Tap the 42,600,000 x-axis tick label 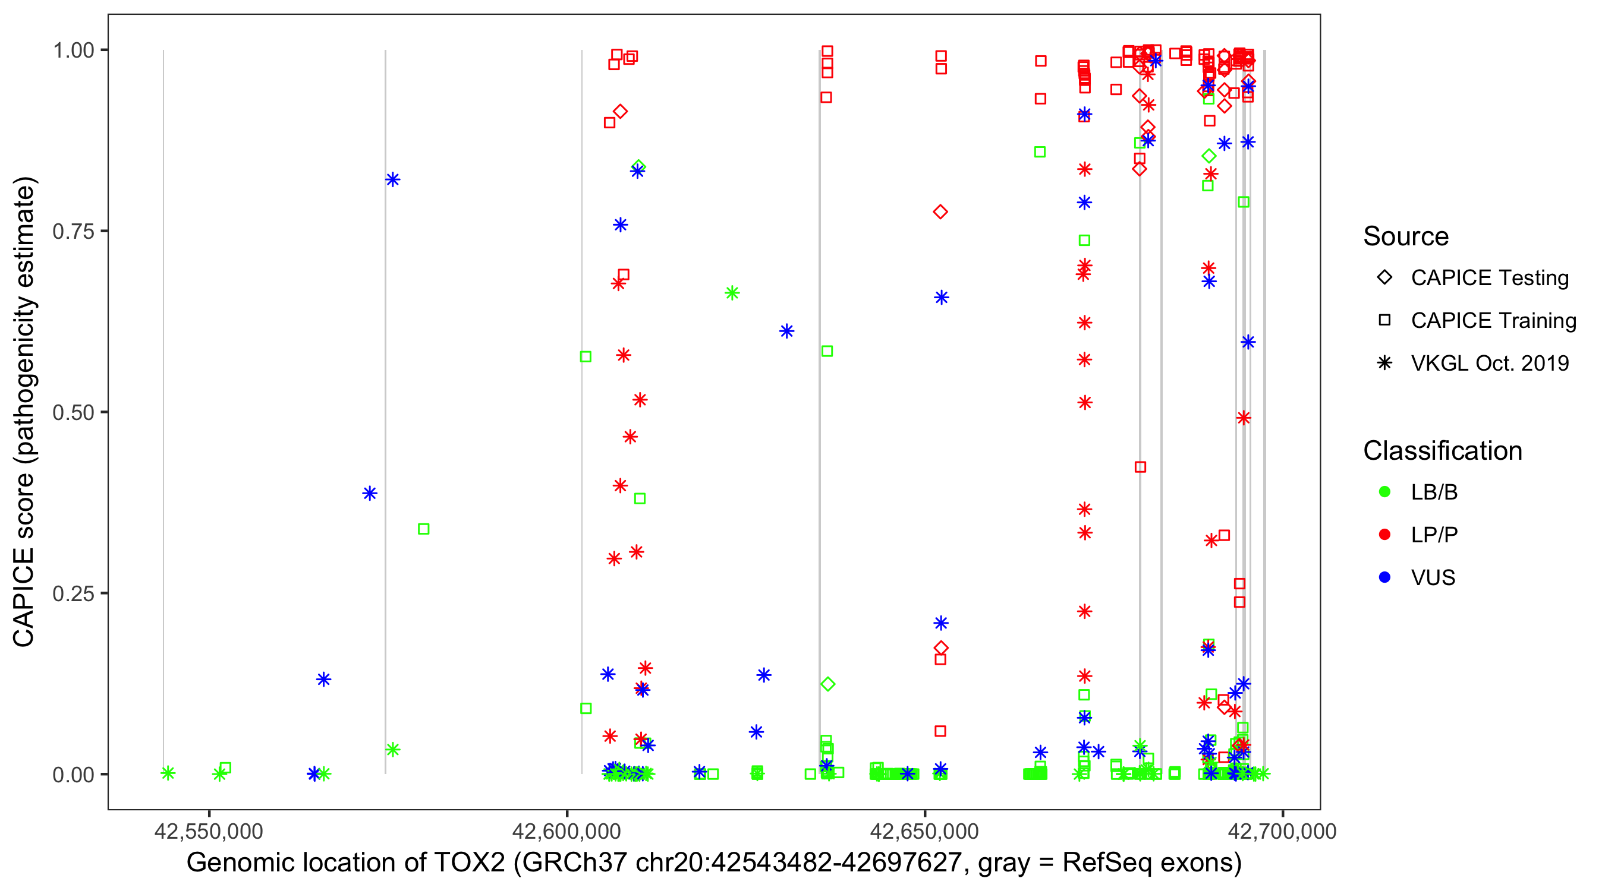coord(567,831)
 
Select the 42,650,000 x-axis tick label coord(924,831)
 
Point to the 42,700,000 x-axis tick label coord(1282,831)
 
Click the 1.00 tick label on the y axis coord(73,50)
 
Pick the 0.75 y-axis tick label coord(73,231)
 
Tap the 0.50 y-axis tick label coord(73,412)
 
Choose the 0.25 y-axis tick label coord(73,593)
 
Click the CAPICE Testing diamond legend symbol coord(1384,278)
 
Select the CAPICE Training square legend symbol coord(1384,321)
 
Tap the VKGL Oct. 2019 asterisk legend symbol coord(1384,363)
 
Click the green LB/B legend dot coord(1384,492)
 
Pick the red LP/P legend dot coord(1384,535)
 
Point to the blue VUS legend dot coord(1384,577)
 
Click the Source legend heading coord(1406,236)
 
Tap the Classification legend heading coord(1442,451)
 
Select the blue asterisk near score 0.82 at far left coord(392,180)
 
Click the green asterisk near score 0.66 coord(732,293)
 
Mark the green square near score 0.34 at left coord(424,529)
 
